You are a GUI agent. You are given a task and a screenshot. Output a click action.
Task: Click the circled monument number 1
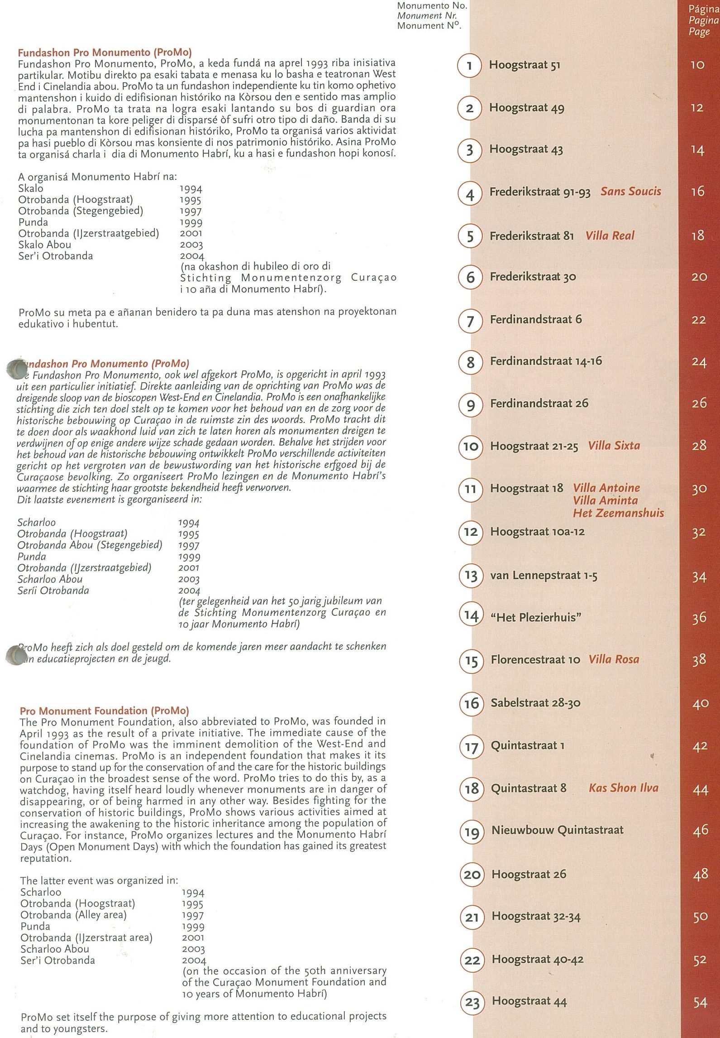pyautogui.click(x=469, y=66)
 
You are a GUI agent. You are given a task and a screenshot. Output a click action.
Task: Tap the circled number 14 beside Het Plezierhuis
pyautogui.click(x=471, y=616)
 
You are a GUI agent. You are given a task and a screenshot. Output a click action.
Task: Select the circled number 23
pyautogui.click(x=472, y=1003)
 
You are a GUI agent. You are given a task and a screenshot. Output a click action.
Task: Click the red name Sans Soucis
pyautogui.click(x=630, y=192)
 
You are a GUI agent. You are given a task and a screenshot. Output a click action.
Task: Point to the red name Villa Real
pyautogui.click(x=610, y=235)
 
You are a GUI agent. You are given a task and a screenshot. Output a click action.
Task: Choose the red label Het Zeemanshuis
pyautogui.click(x=618, y=513)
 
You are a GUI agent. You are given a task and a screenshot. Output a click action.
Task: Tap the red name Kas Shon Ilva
pyautogui.click(x=623, y=788)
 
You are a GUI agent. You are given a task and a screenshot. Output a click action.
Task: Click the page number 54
pyautogui.click(x=700, y=1003)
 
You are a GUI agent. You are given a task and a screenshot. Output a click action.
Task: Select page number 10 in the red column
pyautogui.click(x=697, y=65)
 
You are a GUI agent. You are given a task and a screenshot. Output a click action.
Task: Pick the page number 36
pyautogui.click(x=699, y=617)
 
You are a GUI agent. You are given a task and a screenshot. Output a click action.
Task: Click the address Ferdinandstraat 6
pyautogui.click(x=536, y=320)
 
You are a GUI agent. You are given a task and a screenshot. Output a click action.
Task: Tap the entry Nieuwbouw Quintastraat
pyautogui.click(x=557, y=830)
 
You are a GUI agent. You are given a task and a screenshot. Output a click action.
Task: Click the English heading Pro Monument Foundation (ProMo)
pyautogui.click(x=104, y=711)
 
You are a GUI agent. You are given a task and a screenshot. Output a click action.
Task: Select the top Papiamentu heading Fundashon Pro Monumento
pyautogui.click(x=105, y=52)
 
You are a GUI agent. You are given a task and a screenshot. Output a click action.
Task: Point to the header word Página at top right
pyautogui.click(x=703, y=9)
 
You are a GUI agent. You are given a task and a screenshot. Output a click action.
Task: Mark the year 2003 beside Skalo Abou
pyautogui.click(x=191, y=245)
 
